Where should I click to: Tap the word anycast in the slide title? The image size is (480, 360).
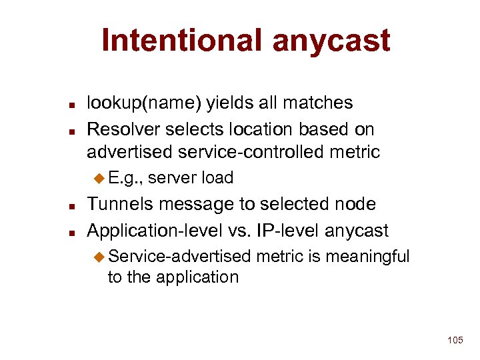point(331,41)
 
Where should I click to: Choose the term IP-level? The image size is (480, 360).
point(285,231)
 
